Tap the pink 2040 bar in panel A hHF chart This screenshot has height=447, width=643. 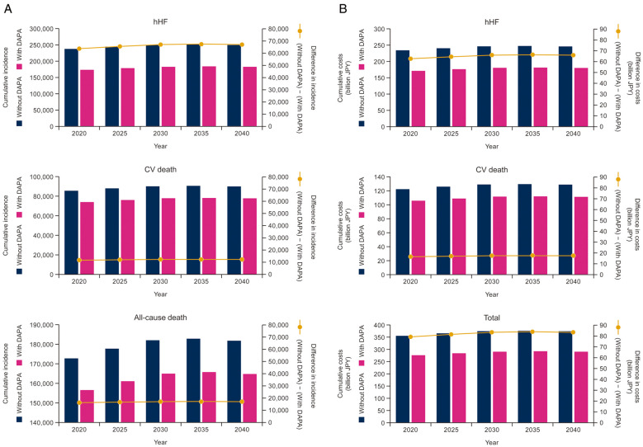click(248, 96)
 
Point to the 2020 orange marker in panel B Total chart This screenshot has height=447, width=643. click(410, 336)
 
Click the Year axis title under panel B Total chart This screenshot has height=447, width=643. click(491, 442)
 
